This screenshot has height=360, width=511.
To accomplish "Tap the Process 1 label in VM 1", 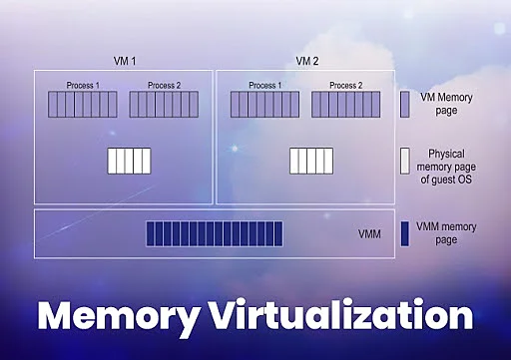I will click(83, 86).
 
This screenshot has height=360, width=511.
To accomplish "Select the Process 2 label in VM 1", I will click(165, 86).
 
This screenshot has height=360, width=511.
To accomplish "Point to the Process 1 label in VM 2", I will click(264, 86).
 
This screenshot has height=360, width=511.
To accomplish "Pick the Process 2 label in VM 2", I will click(345, 86).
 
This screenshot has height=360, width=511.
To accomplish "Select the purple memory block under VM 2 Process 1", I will click(264, 105).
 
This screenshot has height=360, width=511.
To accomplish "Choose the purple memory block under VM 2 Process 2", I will click(345, 105).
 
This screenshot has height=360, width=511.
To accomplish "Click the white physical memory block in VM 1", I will click(129, 162).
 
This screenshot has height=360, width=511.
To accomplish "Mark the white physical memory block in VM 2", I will click(311, 162).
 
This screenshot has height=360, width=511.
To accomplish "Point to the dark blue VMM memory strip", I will click(215, 233).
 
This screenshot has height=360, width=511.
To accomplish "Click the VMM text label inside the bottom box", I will click(369, 234).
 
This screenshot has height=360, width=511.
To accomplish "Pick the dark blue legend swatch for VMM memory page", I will click(405, 233).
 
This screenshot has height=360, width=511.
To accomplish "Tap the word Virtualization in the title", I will click(334, 317).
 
